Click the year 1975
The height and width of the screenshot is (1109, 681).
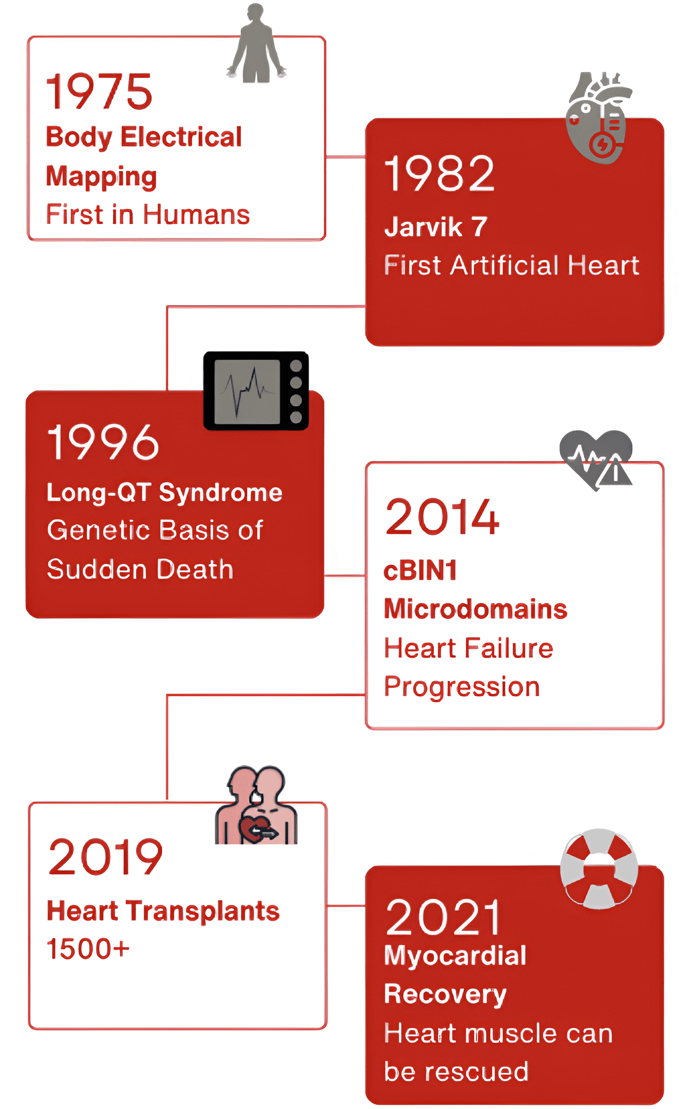click(99, 91)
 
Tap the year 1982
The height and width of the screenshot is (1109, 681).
click(439, 174)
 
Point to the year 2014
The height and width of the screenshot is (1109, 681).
click(442, 517)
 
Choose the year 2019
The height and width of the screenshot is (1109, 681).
click(105, 857)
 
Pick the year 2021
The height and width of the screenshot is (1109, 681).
click(442, 917)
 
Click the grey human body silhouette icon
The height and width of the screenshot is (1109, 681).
click(256, 45)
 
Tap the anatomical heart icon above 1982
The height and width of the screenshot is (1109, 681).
click(599, 118)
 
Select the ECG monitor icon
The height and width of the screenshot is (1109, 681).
click(256, 391)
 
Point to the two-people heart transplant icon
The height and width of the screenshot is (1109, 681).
click(256, 806)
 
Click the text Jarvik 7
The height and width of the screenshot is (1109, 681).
click(436, 227)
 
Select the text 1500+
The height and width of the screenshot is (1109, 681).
click(88, 949)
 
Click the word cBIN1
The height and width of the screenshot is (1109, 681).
click(421, 570)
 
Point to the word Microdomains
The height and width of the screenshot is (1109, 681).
click(475, 609)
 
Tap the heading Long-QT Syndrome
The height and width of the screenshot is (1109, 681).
click(164, 492)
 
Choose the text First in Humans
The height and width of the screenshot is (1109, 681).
click(147, 214)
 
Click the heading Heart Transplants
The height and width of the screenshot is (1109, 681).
click(163, 911)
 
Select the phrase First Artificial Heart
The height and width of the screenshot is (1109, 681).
click(511, 265)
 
